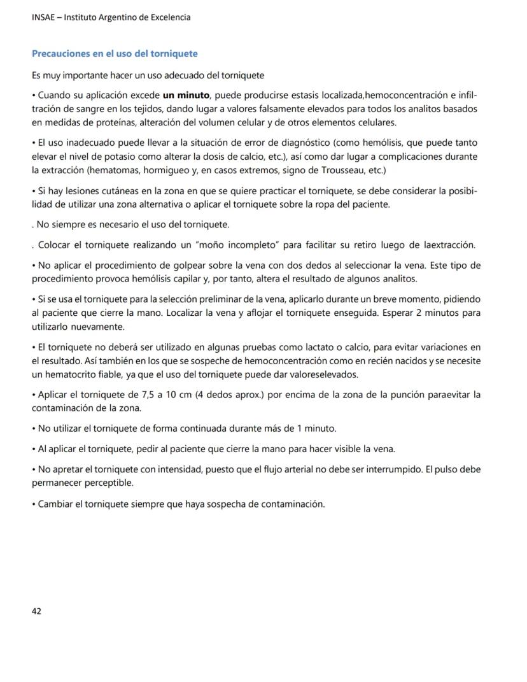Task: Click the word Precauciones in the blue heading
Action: tap(60, 53)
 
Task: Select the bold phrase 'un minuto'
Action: tap(186, 96)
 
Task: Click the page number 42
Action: tap(36, 611)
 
